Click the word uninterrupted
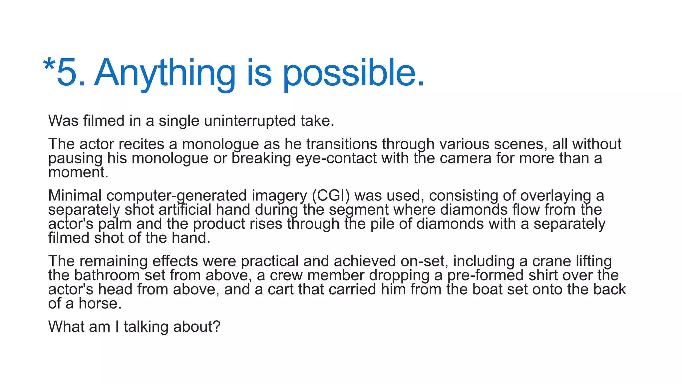pyautogui.click(x=250, y=121)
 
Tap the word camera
pyautogui.click(x=466, y=158)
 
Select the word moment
pyautogui.click(x=78, y=172)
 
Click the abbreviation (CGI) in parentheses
pyautogui.click(x=331, y=196)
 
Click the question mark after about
pyautogui.click(x=217, y=327)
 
